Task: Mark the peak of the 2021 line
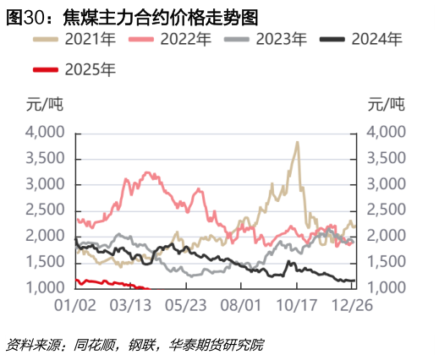click(297, 142)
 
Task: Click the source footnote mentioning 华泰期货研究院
click(135, 345)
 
